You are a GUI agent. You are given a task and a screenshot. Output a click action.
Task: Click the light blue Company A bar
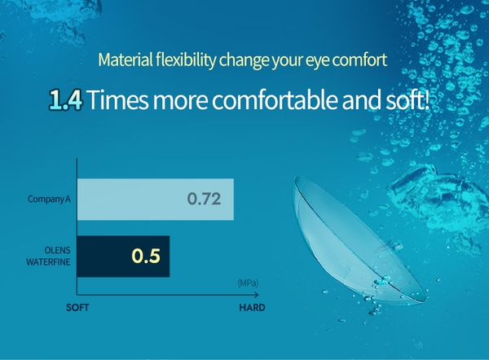click(156, 200)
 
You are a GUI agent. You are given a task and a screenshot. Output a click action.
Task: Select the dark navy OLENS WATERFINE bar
click(124, 257)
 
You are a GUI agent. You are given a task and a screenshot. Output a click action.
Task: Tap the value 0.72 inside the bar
click(204, 199)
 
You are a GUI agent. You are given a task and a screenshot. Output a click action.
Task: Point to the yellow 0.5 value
click(146, 256)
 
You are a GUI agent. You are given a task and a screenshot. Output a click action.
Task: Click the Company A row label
click(49, 199)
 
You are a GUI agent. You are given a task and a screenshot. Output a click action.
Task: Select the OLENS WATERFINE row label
click(48, 256)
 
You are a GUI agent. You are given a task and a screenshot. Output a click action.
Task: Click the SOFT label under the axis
click(77, 308)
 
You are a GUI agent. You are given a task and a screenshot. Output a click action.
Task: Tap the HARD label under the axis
click(252, 308)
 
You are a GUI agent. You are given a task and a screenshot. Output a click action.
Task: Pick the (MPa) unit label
click(248, 283)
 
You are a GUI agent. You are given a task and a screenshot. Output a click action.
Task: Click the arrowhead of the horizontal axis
click(257, 295)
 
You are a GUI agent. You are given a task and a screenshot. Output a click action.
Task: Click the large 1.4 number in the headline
click(66, 100)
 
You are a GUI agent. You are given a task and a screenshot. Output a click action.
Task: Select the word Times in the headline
click(118, 99)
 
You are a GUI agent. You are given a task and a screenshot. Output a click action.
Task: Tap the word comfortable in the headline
click(275, 99)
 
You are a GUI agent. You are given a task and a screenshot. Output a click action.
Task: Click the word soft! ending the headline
click(407, 99)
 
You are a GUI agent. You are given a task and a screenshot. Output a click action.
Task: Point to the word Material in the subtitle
click(126, 59)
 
